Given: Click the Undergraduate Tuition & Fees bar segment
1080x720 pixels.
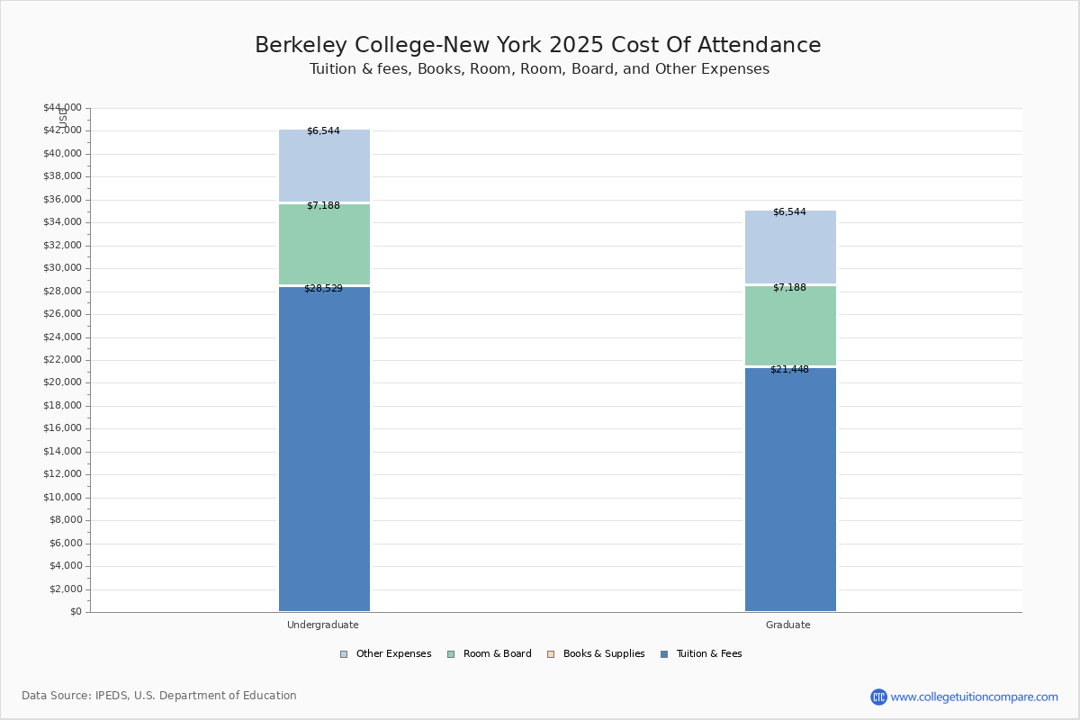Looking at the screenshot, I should click(324, 450).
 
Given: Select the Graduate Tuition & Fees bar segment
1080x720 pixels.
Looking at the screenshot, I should click(790, 490).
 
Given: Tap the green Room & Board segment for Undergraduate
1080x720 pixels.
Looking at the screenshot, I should click(324, 245).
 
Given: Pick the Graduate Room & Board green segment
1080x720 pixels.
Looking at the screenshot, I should click(790, 326).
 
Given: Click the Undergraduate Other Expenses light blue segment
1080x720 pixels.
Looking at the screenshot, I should click(324, 166).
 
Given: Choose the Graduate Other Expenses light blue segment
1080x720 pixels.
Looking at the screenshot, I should click(790, 248).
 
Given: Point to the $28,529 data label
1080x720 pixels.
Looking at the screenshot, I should click(323, 289).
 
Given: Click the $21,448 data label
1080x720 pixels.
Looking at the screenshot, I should click(789, 370).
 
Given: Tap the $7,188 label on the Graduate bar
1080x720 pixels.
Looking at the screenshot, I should click(789, 288).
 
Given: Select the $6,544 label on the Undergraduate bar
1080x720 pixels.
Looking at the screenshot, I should click(323, 131).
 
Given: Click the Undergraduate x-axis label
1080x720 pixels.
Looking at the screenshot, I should click(323, 625).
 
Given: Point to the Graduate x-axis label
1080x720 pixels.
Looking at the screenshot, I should click(788, 625).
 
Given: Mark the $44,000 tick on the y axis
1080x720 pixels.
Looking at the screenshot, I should click(62, 108).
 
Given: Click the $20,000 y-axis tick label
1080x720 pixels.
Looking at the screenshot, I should click(62, 382).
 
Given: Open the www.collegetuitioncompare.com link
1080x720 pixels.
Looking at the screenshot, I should click(974, 697).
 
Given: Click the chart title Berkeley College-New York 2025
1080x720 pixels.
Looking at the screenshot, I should click(538, 45).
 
